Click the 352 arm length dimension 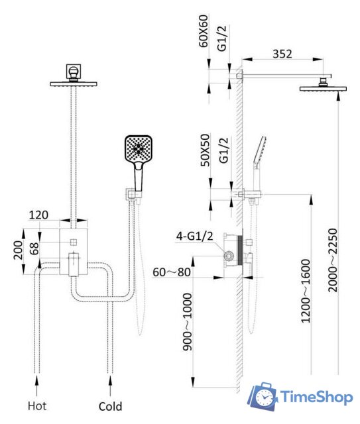tap(282, 54)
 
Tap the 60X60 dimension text tap(204, 31)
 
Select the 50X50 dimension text tap(205, 150)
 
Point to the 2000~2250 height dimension tap(333, 260)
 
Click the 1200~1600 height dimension tap(306, 291)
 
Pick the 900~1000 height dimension tap(187, 322)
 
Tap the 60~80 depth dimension tap(172, 272)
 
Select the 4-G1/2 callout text tap(195, 236)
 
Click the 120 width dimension tap(38, 215)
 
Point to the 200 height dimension tap(19, 250)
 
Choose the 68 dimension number tap(34, 248)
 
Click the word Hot tap(37, 406)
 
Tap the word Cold tap(110, 406)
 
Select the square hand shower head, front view tap(139, 149)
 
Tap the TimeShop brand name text tap(317, 397)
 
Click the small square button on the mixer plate tap(74, 242)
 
